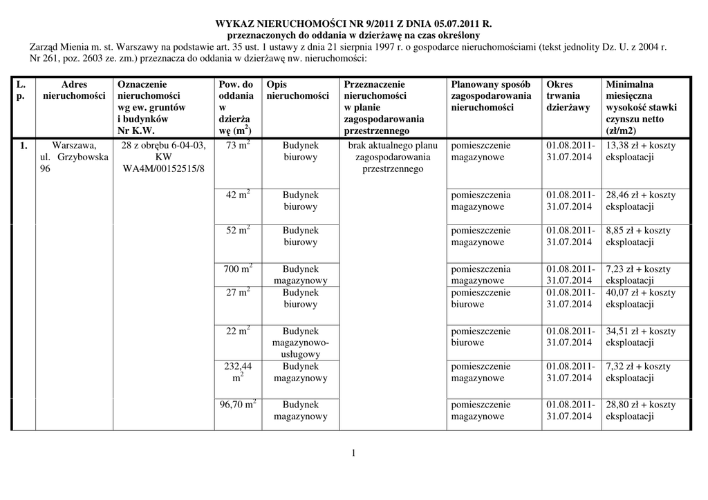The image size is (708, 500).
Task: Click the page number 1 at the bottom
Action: tap(353, 453)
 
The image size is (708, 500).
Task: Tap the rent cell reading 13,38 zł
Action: tap(640, 151)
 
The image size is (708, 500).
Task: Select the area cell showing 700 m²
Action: tap(238, 269)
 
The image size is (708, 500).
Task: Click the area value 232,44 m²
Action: tap(238, 372)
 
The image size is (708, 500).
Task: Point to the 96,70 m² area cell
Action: tap(238, 405)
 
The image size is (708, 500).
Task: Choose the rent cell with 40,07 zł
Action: tap(640, 298)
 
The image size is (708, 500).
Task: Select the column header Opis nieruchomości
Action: tap(297, 90)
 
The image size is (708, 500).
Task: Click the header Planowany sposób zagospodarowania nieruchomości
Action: tap(491, 96)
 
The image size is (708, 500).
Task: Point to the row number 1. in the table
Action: tap(24, 146)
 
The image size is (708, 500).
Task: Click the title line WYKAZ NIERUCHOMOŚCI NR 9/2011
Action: tap(353, 23)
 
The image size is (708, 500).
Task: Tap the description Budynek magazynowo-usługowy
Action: tap(300, 343)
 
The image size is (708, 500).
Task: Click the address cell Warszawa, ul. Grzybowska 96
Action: tap(73, 157)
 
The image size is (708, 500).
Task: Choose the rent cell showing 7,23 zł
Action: tap(640, 274)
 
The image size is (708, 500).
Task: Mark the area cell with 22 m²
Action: tap(238, 331)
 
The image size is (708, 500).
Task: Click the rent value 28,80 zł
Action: tap(640, 410)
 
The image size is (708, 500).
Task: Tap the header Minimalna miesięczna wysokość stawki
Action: tap(641, 108)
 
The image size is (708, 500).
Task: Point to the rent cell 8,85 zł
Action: tap(640, 236)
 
